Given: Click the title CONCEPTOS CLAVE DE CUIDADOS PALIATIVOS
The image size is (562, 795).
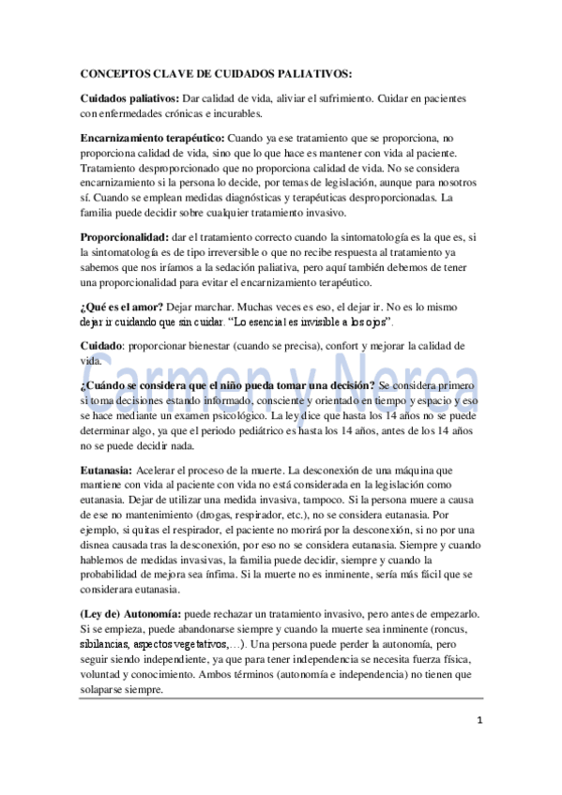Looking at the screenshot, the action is click(217, 74).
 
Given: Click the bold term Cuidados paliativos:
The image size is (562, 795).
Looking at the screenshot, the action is click(129, 98).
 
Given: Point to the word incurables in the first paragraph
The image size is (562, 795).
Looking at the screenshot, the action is click(228, 113).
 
